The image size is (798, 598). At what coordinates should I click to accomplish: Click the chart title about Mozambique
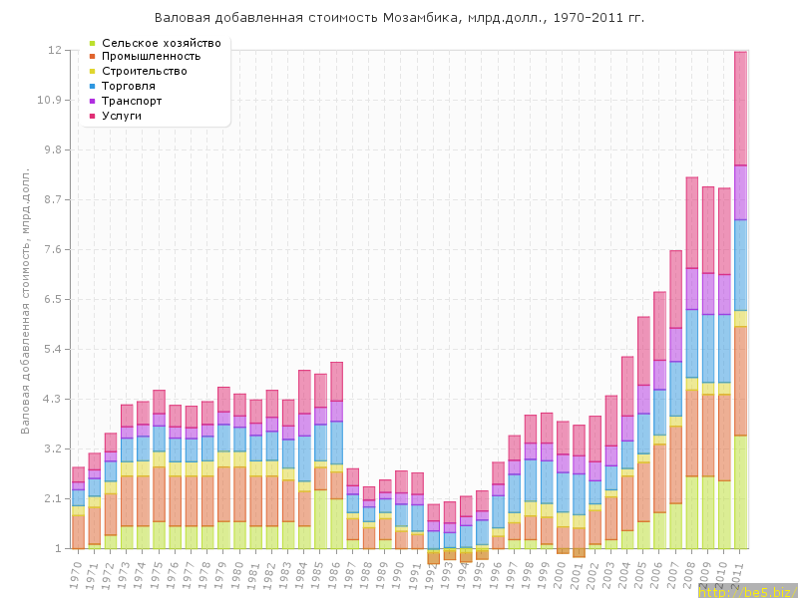pos(399,18)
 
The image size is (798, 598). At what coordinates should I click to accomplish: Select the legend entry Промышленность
pos(158,57)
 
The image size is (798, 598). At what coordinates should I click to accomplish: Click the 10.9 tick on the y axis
pos(50,100)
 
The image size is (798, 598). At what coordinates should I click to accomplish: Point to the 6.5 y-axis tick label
pos(52,299)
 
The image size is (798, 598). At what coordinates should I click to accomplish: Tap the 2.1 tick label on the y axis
pos(52,498)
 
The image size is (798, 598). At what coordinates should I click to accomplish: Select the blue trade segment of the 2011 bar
pos(741,265)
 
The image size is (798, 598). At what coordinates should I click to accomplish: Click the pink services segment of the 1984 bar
pos(304,391)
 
